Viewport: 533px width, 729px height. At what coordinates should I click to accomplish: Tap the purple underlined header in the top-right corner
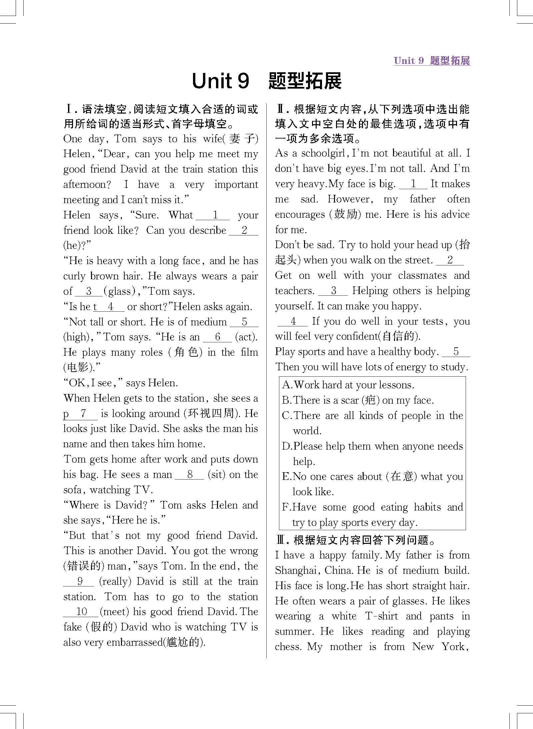coord(432,61)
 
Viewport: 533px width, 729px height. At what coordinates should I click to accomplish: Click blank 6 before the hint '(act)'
coord(217,337)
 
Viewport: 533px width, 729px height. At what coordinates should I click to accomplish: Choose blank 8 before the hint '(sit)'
coord(189,474)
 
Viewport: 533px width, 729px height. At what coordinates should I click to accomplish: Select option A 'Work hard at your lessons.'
coord(348,385)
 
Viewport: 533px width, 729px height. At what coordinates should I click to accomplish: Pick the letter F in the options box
coord(286,507)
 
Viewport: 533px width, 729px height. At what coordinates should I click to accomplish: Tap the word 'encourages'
coord(300,214)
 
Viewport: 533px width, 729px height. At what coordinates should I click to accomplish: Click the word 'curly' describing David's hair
coord(74,276)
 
